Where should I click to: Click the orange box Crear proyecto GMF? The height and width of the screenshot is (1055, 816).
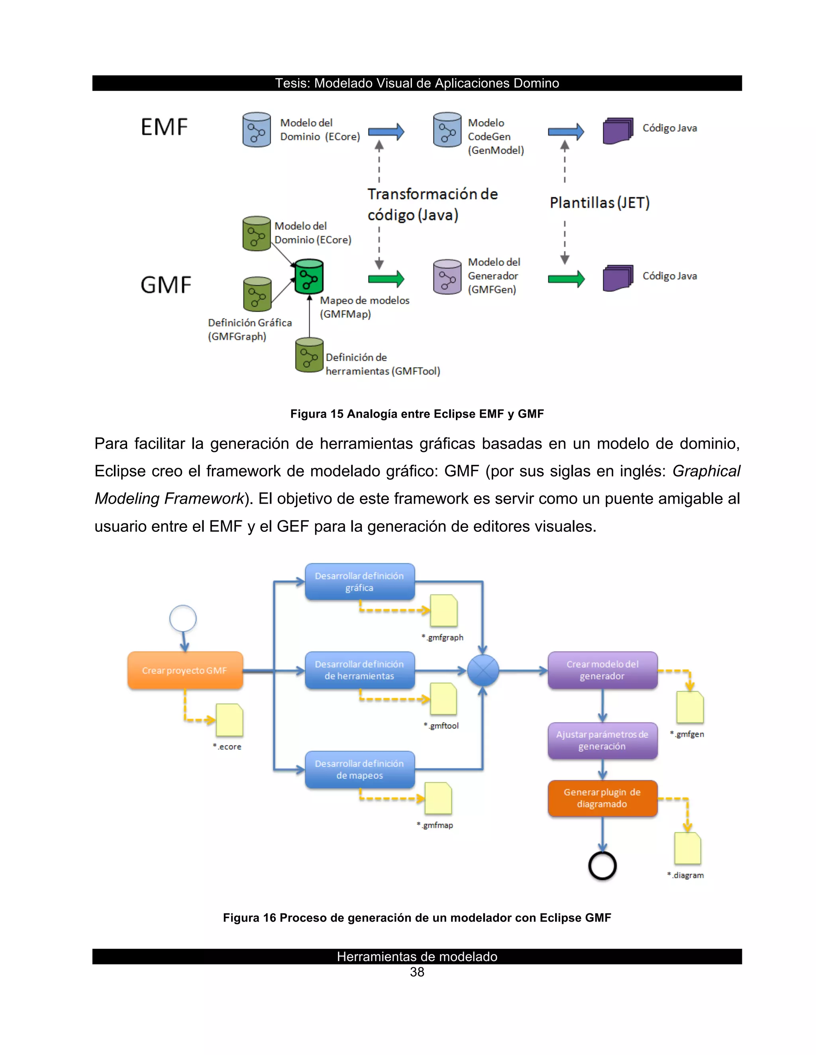pos(184,670)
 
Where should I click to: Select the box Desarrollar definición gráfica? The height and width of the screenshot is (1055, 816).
pos(360,582)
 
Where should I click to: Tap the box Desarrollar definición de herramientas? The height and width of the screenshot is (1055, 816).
pos(360,670)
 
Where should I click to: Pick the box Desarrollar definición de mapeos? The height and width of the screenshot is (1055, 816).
pos(360,769)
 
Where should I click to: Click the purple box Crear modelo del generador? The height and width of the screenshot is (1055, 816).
pos(602,670)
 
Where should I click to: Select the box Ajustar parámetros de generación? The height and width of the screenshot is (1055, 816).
pos(602,740)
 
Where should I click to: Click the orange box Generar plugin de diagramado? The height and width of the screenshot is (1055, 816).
pos(602,798)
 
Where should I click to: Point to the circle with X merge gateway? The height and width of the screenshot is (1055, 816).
pos(483,670)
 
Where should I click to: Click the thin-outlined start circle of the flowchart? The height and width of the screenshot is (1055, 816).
pos(183,618)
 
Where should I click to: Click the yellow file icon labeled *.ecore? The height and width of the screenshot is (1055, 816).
pos(229,720)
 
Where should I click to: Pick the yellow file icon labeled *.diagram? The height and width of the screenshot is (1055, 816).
pos(687,848)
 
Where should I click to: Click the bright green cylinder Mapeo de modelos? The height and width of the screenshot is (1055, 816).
pos(309,277)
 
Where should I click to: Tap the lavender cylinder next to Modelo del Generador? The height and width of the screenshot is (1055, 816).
pos(447,277)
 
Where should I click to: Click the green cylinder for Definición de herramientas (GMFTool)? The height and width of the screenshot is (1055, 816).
pos(309,355)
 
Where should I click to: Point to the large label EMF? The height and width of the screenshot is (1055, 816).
pos(164,127)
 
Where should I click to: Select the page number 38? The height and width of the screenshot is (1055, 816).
pos(417,973)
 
